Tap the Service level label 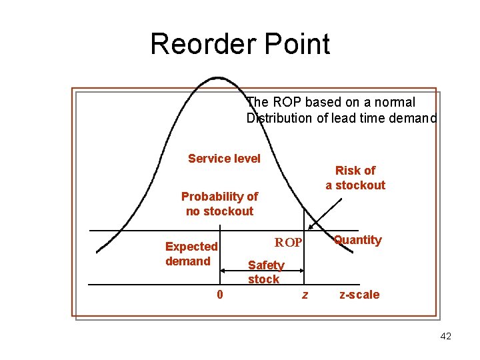224,158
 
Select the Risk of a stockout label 355,178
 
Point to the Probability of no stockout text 219,204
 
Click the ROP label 289,242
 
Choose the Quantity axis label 358,240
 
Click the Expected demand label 191,254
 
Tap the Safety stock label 265,272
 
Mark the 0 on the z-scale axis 220,294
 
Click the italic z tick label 305,295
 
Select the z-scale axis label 359,295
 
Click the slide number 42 445,336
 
